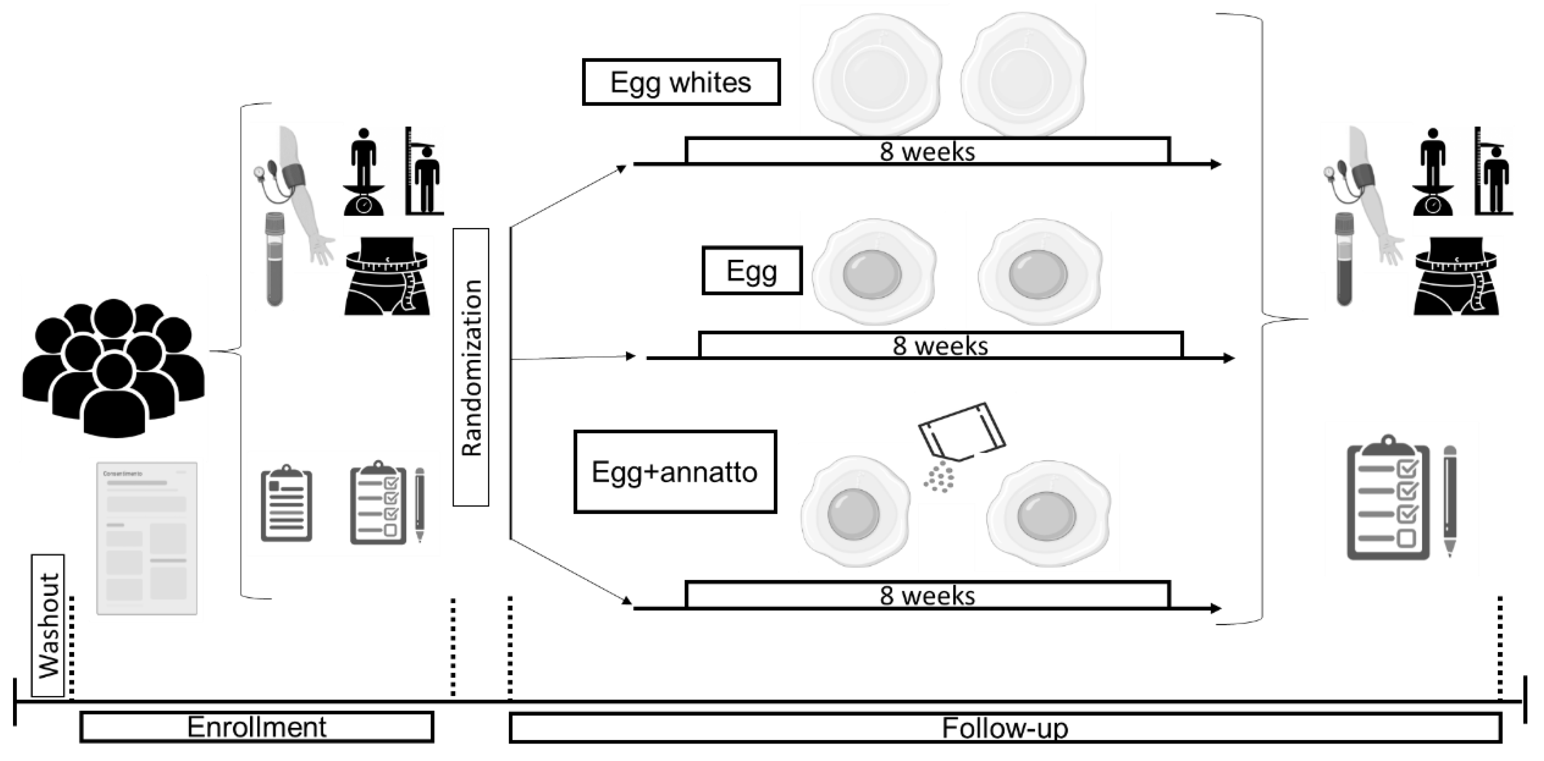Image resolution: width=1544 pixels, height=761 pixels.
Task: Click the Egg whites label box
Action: (680, 82)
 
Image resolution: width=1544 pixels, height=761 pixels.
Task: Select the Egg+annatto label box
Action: (675, 472)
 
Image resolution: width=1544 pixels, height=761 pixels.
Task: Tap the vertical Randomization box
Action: (470, 367)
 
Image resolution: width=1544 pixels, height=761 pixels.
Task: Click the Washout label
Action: (48, 625)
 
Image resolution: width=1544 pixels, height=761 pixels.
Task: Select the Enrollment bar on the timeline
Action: (257, 727)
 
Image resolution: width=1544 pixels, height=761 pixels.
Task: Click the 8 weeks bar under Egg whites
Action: (927, 150)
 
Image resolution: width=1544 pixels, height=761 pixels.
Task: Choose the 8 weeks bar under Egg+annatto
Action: (927, 595)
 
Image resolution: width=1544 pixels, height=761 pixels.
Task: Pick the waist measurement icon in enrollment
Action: (387, 276)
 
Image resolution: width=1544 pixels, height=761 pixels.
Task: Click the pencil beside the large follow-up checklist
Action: (1449, 501)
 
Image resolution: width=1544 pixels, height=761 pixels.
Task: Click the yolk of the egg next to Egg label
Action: (872, 273)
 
